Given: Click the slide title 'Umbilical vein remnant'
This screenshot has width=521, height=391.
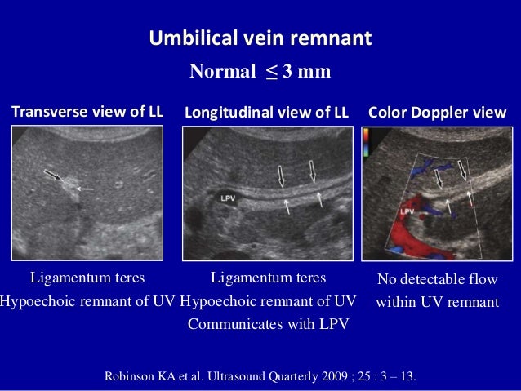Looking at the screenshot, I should [260, 38].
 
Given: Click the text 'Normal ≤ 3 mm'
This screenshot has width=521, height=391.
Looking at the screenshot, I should [260, 72].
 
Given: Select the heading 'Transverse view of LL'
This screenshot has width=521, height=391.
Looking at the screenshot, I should [87, 113].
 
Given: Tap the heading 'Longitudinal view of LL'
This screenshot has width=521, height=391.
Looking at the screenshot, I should [266, 113].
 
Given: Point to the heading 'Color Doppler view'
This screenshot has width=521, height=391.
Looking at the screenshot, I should [438, 113].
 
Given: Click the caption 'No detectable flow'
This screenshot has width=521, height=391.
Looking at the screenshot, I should [437, 281].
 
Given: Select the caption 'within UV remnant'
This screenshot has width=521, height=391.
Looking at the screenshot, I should [437, 302].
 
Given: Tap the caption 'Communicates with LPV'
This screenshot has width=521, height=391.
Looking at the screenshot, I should [268, 324].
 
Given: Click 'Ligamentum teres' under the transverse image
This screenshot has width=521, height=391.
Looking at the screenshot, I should [87, 278].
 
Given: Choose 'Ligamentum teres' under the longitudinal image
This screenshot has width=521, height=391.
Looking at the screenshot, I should [268, 278].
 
